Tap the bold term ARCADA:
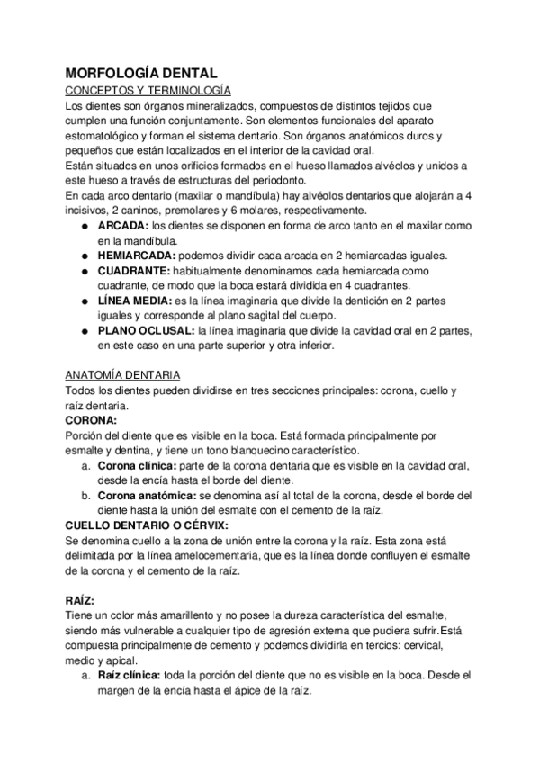(124, 225)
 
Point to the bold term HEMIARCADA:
(137, 256)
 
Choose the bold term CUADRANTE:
(135, 270)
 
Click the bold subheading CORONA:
(92, 419)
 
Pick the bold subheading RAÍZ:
(81, 598)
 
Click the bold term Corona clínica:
(138, 465)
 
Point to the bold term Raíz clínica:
(130, 674)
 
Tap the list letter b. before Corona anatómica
(85, 495)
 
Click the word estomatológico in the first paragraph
(104, 135)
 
